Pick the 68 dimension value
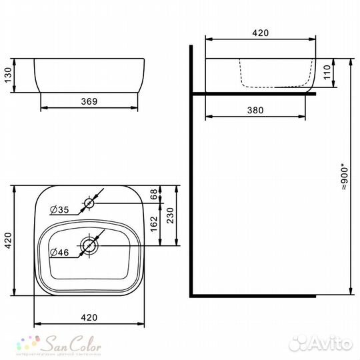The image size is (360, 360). pos(153,193)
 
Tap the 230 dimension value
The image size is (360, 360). pos(171,215)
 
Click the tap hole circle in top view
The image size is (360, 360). pos(89,202)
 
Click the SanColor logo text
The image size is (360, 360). pos(73,345)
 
